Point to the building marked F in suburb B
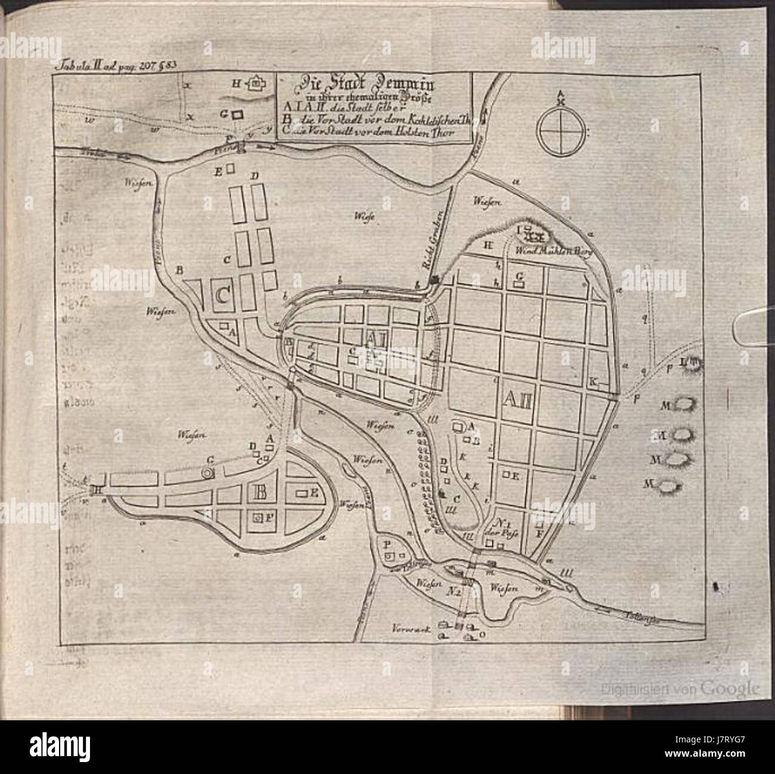258,518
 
